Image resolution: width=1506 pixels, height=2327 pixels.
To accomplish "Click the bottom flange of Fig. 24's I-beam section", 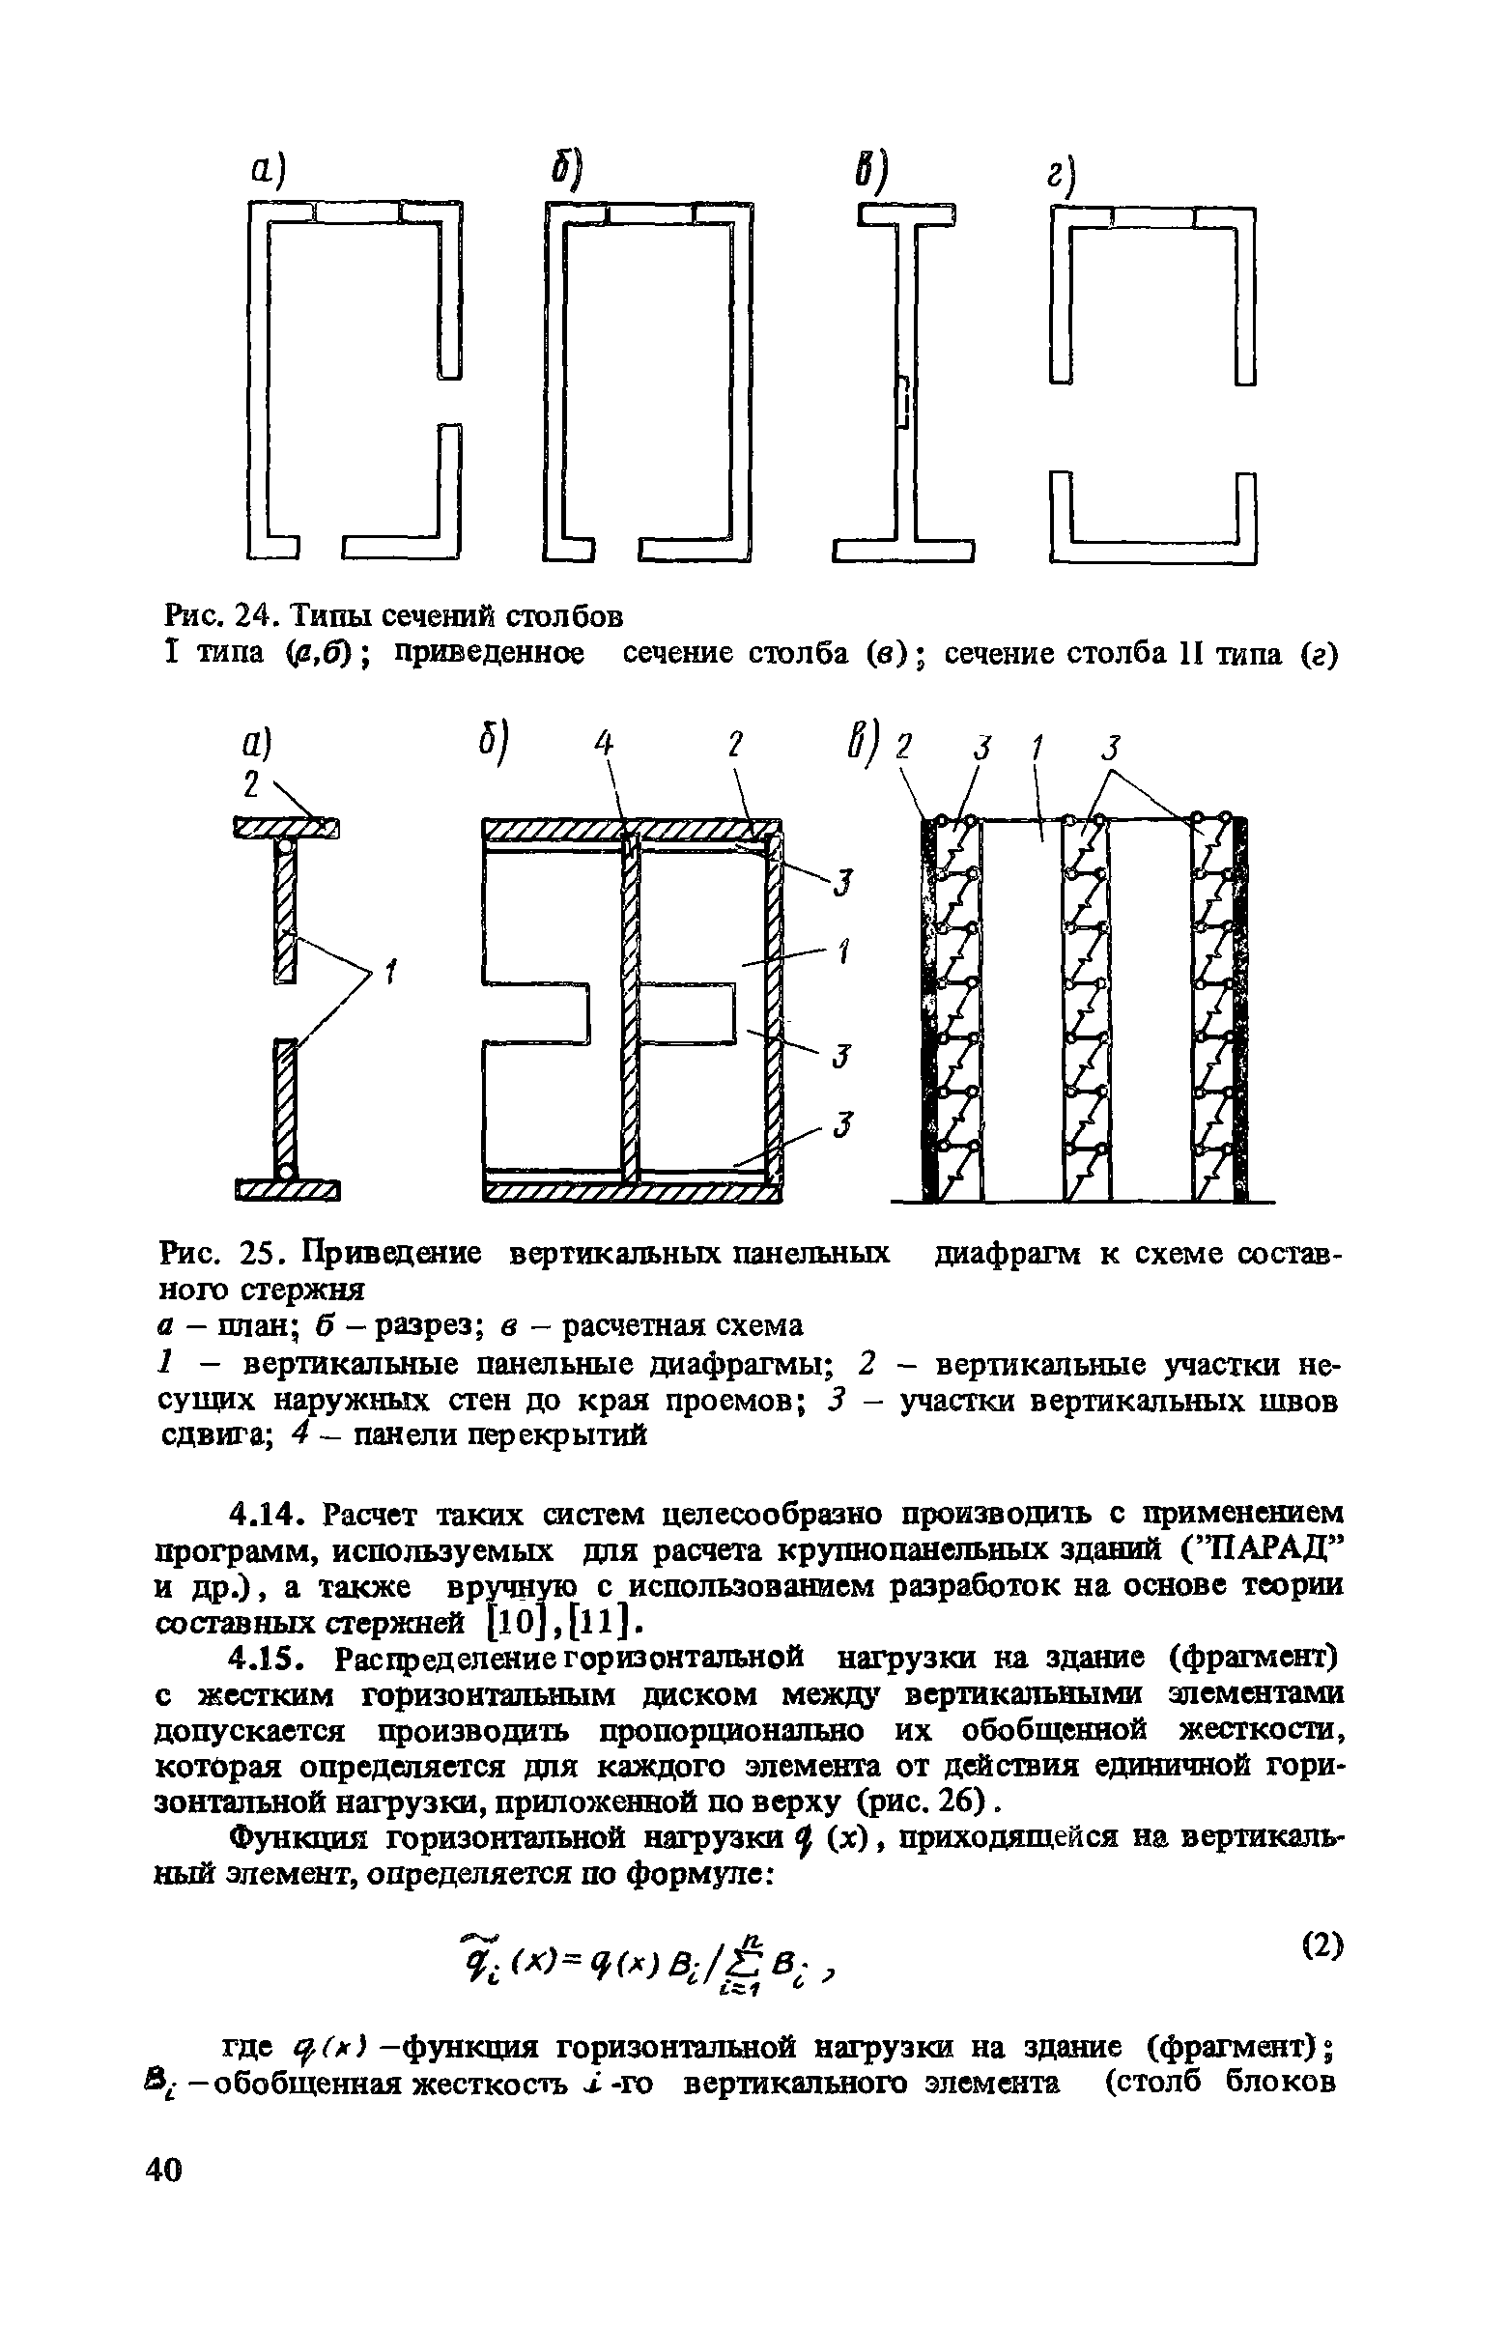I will [903, 553].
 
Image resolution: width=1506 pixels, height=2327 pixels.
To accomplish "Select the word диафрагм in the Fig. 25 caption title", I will [1009, 1255].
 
